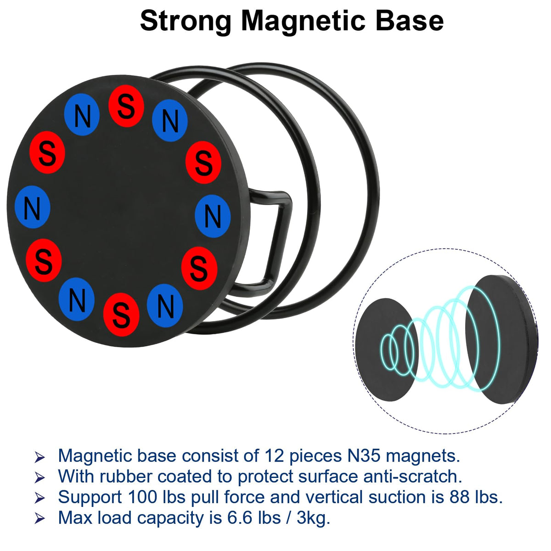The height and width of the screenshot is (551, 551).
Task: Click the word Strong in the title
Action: click(x=186, y=21)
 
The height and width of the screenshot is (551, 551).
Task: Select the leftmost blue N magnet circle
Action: click(x=32, y=207)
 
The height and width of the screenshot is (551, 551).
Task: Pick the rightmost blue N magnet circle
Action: click(x=212, y=216)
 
